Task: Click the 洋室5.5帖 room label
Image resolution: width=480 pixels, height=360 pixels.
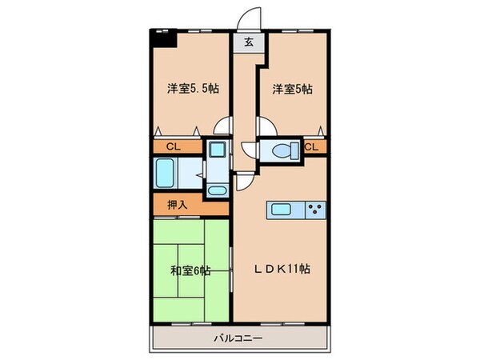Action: click(x=193, y=89)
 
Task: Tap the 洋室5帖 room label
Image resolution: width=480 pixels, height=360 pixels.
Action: click(x=290, y=89)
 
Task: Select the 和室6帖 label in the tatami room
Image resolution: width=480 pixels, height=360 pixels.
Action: click(x=191, y=270)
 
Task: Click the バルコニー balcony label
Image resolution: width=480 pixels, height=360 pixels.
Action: click(x=240, y=338)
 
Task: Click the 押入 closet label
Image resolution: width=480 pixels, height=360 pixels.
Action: click(x=178, y=205)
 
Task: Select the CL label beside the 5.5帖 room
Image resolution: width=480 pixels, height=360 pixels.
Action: click(x=174, y=147)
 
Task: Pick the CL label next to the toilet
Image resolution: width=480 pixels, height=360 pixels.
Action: click(x=311, y=147)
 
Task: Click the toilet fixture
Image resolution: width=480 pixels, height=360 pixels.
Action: click(x=282, y=150)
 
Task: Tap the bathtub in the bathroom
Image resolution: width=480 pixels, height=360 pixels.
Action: click(x=170, y=171)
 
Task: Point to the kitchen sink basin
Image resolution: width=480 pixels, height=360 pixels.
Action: click(x=282, y=210)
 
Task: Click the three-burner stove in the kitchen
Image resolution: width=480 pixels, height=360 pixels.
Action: click(x=316, y=210)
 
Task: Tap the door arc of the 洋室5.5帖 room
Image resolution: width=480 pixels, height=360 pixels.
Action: click(x=226, y=128)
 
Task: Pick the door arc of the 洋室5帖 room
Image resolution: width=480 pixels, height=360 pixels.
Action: click(x=267, y=128)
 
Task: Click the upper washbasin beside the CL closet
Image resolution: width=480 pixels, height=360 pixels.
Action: click(x=216, y=150)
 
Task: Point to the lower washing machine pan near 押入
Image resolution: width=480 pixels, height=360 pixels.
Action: click(x=216, y=190)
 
